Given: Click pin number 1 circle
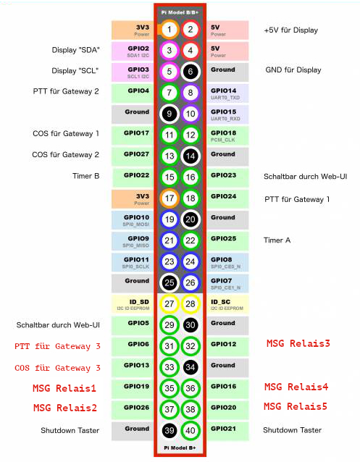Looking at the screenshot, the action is click(x=169, y=30).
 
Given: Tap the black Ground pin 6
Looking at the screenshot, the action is click(x=191, y=72).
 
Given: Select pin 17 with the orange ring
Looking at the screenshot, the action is click(x=169, y=198).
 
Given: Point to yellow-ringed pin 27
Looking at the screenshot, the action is click(x=169, y=304).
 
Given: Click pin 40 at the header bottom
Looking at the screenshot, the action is click(x=191, y=430).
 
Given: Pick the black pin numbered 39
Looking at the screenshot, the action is click(x=169, y=430).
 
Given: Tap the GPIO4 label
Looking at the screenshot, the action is click(x=138, y=91).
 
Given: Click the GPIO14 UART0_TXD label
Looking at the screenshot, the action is click(x=225, y=93).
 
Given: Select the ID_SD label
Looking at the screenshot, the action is click(x=133, y=305).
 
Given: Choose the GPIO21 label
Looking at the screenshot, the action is click(x=223, y=429).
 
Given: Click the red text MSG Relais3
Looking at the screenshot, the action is click(x=298, y=343).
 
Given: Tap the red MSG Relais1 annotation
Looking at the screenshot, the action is click(x=64, y=388).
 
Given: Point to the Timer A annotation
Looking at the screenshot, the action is click(x=277, y=240).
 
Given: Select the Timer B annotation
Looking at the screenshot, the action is click(x=85, y=176).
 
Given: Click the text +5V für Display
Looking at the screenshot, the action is click(x=290, y=30).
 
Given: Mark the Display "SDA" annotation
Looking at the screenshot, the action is click(x=75, y=50).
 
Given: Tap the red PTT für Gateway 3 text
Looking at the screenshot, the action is click(x=57, y=346).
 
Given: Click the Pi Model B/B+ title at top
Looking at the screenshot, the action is click(x=180, y=12).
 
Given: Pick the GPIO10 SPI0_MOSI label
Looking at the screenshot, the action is click(x=136, y=221).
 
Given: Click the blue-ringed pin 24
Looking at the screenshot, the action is click(x=191, y=261).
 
